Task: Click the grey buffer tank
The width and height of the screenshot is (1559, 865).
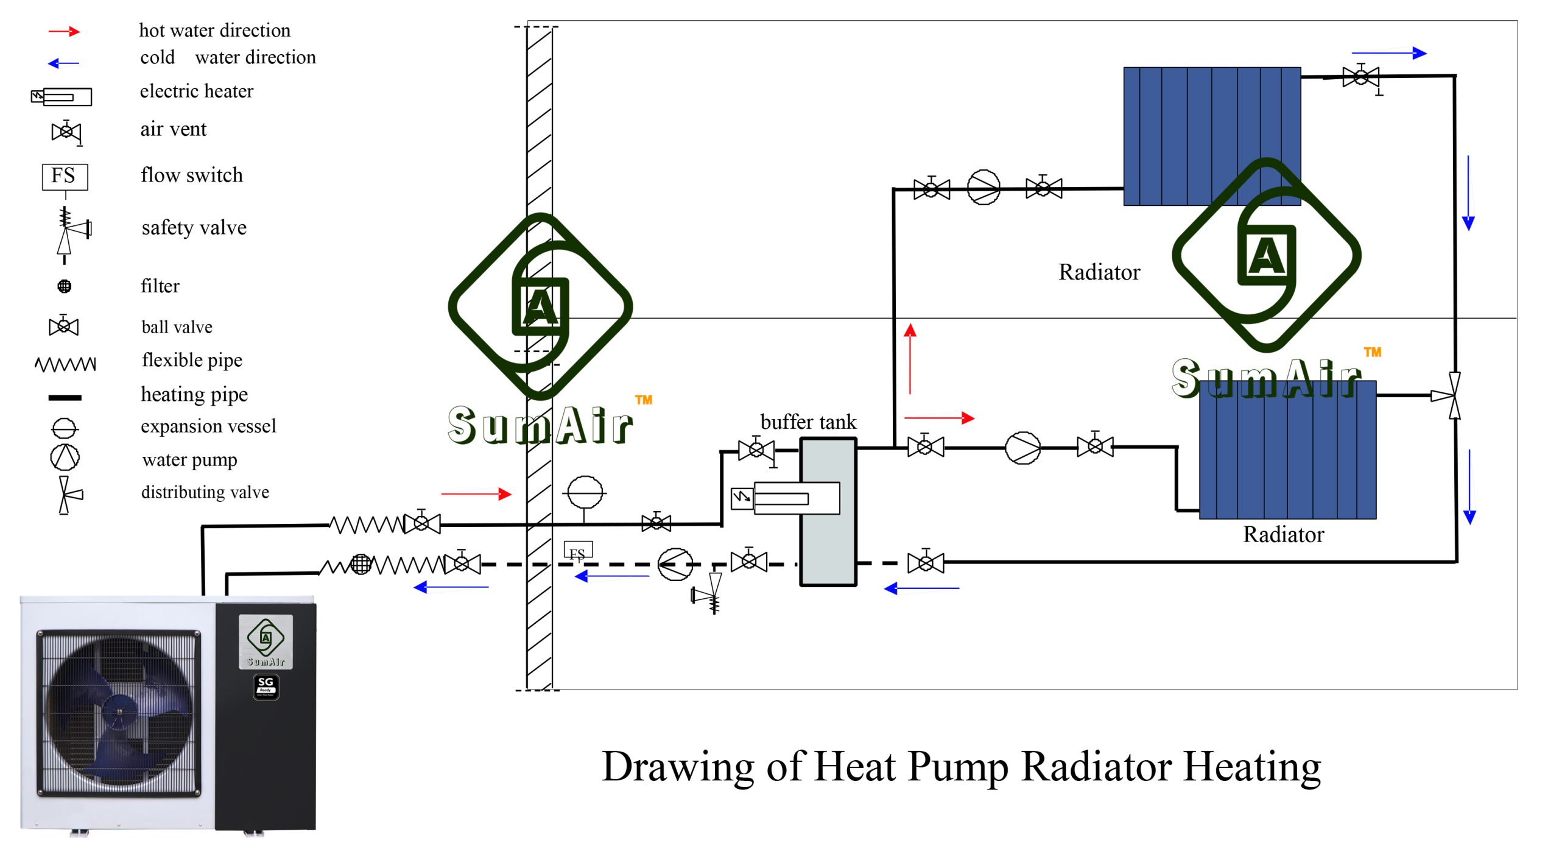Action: pos(828,512)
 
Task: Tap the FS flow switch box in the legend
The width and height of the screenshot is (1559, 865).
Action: pos(65,177)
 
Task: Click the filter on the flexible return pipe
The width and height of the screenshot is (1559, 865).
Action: pos(361,564)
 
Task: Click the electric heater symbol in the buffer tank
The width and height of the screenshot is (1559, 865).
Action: pos(786,498)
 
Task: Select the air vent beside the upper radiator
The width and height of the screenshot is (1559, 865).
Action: pos(1362,79)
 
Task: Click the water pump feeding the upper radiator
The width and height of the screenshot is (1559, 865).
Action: pos(983,188)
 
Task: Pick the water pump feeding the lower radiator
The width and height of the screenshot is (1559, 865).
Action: pos(1022,448)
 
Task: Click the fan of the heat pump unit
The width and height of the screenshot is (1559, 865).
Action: pos(119,711)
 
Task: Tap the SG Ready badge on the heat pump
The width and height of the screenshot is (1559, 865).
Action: pos(266,687)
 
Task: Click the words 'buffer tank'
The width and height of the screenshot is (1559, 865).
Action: pos(808,422)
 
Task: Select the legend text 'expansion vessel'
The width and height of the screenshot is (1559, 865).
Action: pos(208,426)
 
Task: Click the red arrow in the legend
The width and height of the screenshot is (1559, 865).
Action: pos(64,31)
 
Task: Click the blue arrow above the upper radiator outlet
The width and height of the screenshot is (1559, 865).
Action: pos(1389,53)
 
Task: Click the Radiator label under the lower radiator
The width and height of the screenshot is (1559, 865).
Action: pos(1283,534)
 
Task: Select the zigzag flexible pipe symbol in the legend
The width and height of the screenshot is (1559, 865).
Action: pos(65,364)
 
